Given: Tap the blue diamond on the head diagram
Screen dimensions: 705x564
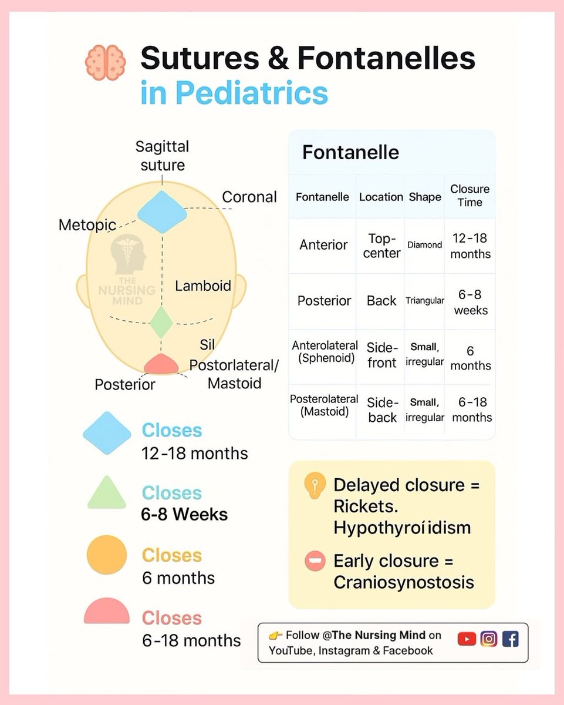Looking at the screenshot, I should (162, 212).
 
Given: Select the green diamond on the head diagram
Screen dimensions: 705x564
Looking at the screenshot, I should (161, 321).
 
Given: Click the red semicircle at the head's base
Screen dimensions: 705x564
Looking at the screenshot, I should (161, 364).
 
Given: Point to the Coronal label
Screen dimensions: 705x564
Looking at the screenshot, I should (249, 197).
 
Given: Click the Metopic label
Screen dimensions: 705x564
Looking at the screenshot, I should (87, 224).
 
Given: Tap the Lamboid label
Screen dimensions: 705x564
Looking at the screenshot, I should (203, 286).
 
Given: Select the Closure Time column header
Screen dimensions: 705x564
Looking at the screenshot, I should (470, 196).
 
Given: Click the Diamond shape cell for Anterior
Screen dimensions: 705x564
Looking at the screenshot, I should (424, 245).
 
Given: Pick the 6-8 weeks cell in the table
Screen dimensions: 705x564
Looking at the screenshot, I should (470, 302).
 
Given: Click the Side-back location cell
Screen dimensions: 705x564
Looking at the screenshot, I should (382, 410).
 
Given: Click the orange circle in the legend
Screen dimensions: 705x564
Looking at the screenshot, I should (106, 554).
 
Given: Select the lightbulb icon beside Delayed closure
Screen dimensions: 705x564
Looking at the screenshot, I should (315, 486).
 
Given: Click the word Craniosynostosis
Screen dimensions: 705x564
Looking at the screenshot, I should (404, 582).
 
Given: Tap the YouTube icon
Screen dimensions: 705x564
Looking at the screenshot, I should (467, 638).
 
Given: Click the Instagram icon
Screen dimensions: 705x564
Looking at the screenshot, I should (489, 638).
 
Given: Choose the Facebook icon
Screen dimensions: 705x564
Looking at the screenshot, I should (511, 638).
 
